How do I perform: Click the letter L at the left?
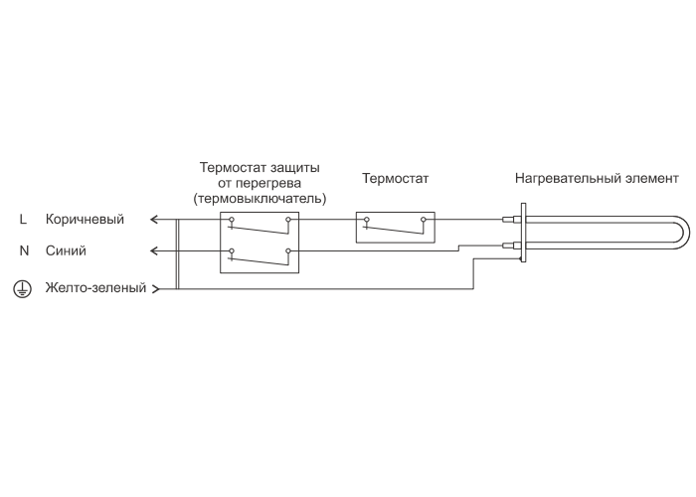pos(24,220)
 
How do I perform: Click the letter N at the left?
pos(24,250)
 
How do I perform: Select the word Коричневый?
pos(85,220)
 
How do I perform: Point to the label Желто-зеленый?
pos(95,289)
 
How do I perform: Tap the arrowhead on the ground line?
pos(155,289)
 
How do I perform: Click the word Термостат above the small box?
pos(395,181)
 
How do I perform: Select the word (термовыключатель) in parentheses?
pos(260,198)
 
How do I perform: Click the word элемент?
pos(650,181)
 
